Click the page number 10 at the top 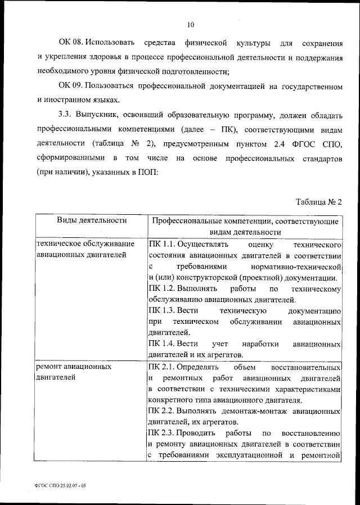(x=191, y=24)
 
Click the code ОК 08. (x=71, y=43)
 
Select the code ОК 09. (x=71, y=86)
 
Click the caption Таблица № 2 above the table (x=319, y=201)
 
